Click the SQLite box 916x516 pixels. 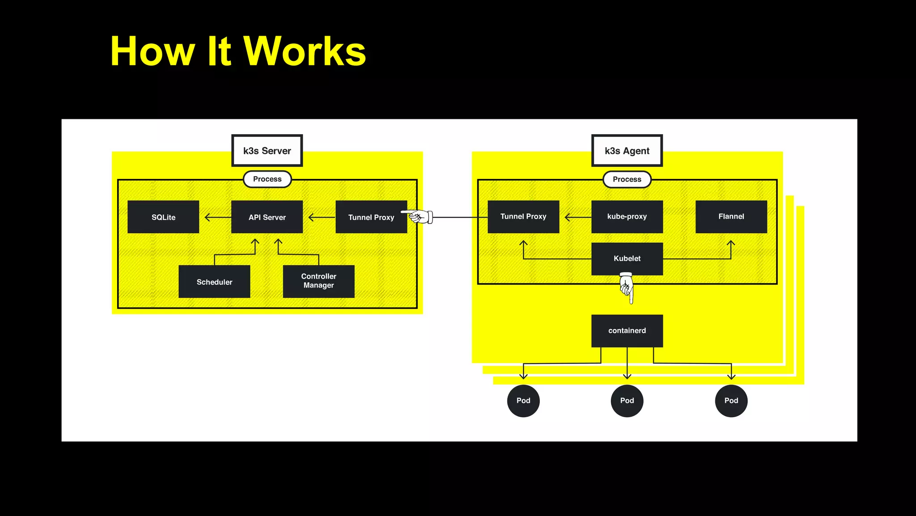click(x=163, y=217)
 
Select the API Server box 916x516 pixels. click(x=267, y=217)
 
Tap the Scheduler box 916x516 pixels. click(x=214, y=282)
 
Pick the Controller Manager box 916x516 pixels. click(x=318, y=281)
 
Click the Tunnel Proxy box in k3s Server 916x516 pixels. click(x=371, y=217)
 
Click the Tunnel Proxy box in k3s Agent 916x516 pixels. click(x=523, y=216)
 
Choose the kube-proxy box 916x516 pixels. click(x=627, y=216)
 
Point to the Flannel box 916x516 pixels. click(x=731, y=216)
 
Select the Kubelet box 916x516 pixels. click(x=627, y=258)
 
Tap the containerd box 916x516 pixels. click(x=627, y=331)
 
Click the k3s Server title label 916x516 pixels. click(x=267, y=151)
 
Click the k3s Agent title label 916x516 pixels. click(x=627, y=151)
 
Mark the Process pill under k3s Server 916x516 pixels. click(x=267, y=179)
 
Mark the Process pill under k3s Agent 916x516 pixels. click(x=627, y=179)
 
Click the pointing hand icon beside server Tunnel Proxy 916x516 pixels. click(x=419, y=217)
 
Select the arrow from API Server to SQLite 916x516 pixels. click(x=217, y=218)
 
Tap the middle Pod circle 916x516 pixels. click(x=627, y=401)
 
